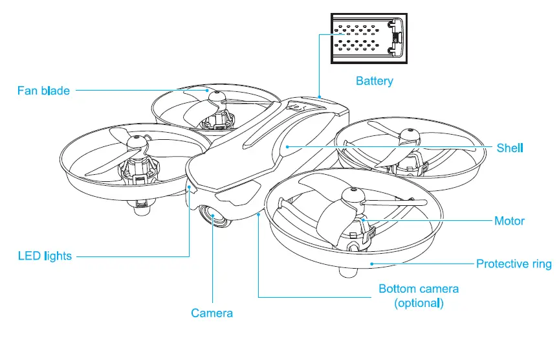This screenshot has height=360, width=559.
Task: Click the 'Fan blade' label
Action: (43, 91)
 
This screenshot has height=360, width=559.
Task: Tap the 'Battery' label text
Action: (374, 82)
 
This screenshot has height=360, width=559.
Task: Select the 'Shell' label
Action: (510, 148)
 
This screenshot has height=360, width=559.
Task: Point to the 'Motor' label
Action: (509, 221)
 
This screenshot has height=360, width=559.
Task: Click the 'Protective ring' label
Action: (514, 264)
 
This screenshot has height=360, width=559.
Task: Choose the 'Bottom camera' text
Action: (419, 289)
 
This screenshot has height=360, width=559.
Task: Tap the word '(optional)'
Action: (419, 302)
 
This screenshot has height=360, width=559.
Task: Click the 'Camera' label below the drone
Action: (212, 314)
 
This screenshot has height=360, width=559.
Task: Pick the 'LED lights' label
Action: (45, 256)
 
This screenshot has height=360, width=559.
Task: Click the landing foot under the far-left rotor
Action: (142, 208)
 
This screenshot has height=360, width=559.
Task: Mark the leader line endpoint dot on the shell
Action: (285, 148)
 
